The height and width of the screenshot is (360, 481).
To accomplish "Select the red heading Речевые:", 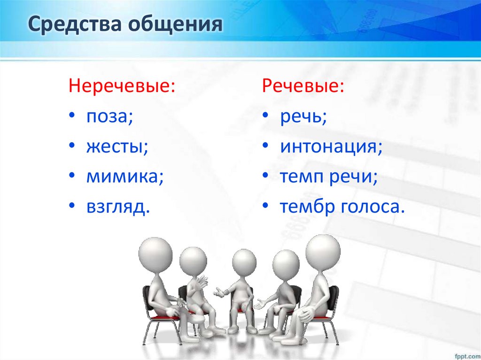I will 303,86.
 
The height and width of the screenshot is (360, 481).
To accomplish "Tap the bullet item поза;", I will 109,117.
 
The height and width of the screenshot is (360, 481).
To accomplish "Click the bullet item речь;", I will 303,117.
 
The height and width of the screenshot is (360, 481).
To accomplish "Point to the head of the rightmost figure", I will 323,252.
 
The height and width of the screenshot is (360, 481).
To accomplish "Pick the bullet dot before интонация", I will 266,147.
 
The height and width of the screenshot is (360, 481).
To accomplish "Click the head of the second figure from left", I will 193,261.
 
